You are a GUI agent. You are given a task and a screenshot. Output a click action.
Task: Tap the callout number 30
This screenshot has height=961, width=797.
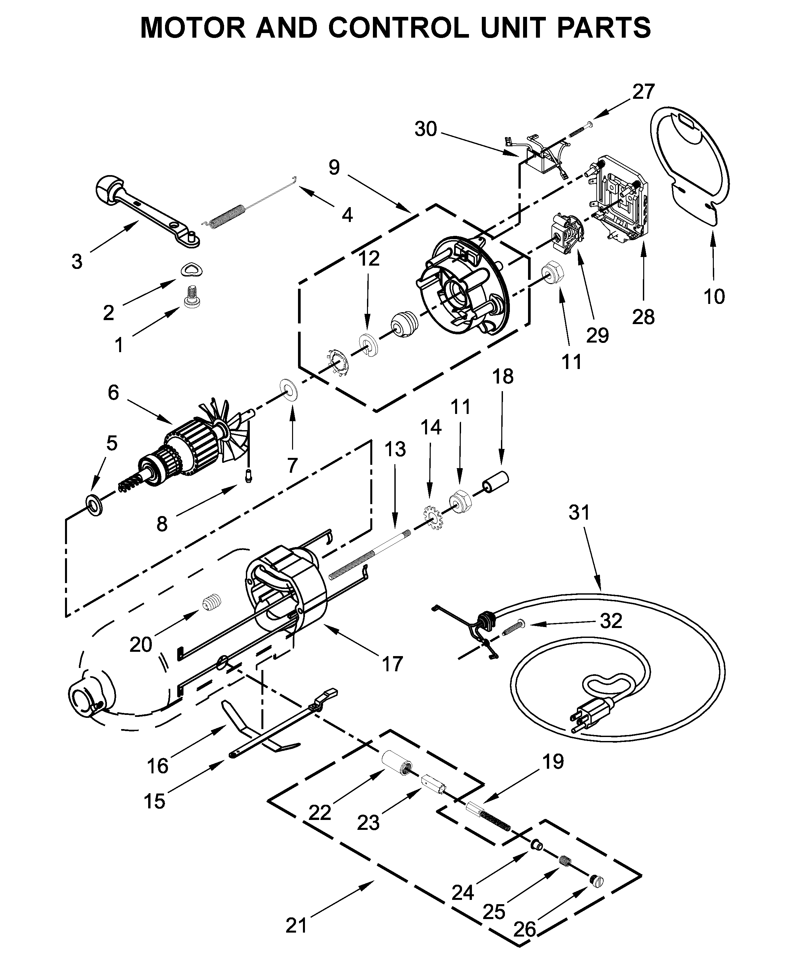click(x=426, y=129)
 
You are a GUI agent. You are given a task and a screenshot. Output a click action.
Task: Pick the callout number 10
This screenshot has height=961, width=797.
click(x=714, y=297)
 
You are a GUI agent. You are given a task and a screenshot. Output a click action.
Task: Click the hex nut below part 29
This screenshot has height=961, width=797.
click(x=553, y=274)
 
